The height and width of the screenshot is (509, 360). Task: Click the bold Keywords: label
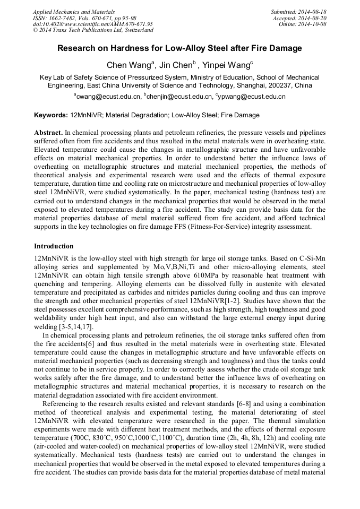pos(51,115)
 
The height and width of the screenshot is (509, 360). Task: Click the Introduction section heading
pos(54,246)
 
